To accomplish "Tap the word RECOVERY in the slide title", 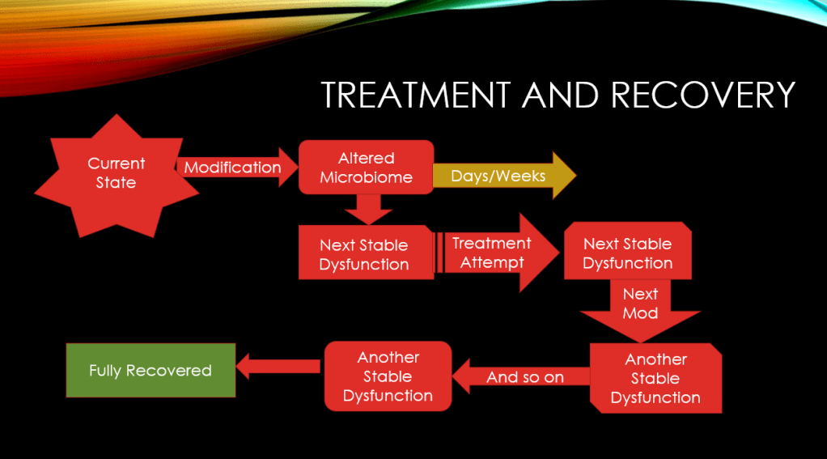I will [x=703, y=95].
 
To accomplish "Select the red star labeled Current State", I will [x=116, y=173].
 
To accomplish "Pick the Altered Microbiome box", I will [x=366, y=168].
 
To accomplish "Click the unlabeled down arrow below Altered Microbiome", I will [x=367, y=209].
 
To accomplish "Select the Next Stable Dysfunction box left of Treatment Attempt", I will [x=364, y=254].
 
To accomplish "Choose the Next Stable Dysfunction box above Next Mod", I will [x=627, y=253].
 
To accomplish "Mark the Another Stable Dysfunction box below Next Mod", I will [x=655, y=378].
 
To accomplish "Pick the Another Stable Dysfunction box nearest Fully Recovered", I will [x=388, y=376].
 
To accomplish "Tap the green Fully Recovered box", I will [x=151, y=370].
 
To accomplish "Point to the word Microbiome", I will [x=366, y=177].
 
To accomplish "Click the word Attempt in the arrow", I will [x=491, y=262].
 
